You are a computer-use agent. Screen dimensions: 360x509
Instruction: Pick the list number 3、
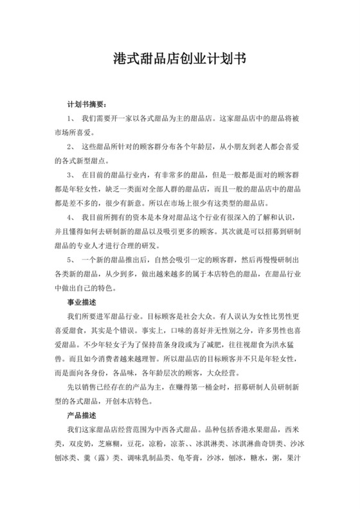tap(70, 174)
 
